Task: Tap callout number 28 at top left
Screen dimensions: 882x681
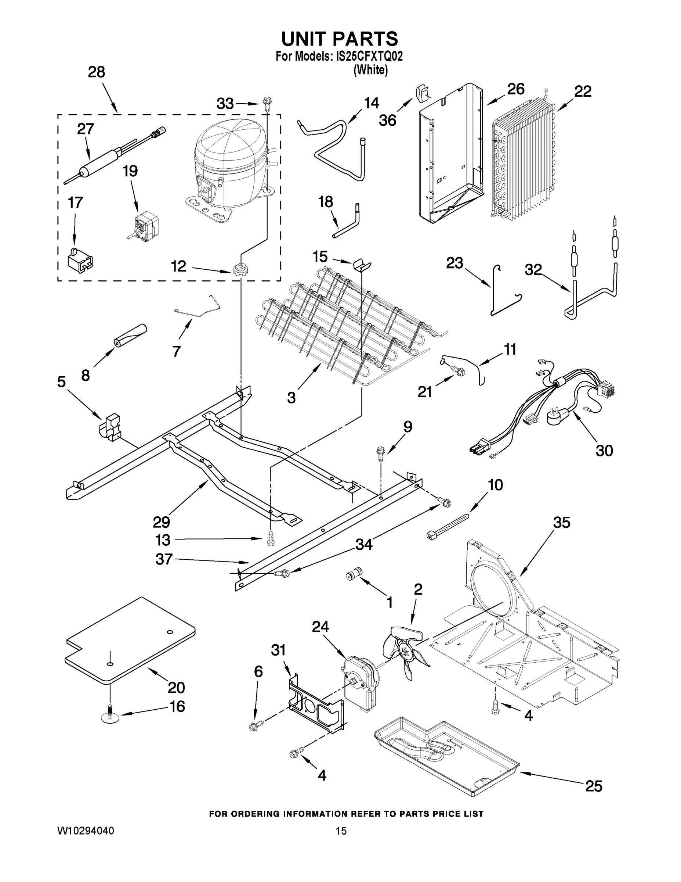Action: click(97, 72)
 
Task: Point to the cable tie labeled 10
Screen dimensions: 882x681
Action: click(448, 525)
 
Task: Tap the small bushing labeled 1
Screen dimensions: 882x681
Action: click(354, 574)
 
